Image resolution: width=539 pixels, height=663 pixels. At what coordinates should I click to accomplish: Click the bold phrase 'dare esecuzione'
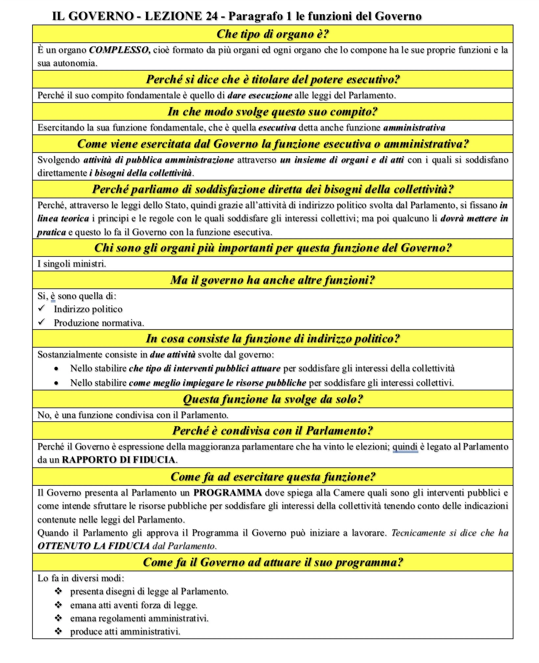(260, 95)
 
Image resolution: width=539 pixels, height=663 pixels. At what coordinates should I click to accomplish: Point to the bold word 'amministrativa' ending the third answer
(414, 128)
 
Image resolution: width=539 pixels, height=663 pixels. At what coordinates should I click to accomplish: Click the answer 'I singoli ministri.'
(72, 264)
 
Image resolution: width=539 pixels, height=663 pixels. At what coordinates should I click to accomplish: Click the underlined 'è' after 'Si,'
(53, 296)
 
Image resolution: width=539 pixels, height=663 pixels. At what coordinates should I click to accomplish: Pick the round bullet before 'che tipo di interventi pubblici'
(56, 369)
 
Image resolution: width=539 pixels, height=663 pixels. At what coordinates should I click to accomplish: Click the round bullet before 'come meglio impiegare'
(56, 383)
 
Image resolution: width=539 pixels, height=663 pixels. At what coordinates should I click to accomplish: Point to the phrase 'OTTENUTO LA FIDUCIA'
(94, 546)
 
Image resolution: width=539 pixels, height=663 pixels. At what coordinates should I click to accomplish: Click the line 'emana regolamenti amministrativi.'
(139, 618)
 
